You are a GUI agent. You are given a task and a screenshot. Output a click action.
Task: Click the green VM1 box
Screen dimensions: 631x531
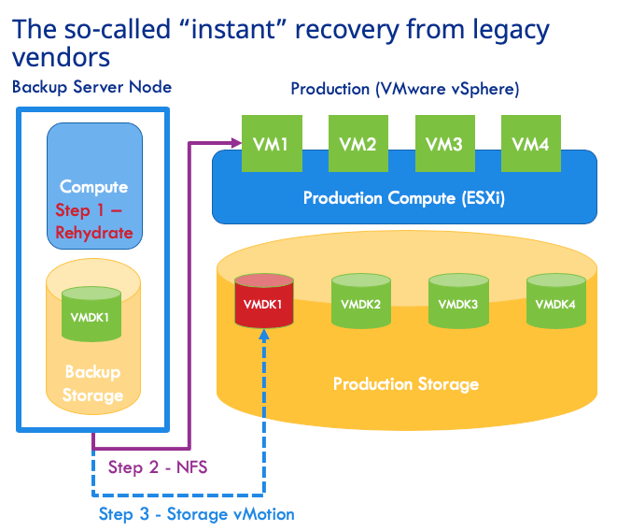[272, 144]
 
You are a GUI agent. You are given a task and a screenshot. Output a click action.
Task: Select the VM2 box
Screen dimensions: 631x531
[358, 144]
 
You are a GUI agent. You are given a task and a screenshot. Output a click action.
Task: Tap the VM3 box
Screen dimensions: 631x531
[444, 144]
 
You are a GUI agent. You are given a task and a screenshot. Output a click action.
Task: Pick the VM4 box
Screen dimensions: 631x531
[531, 144]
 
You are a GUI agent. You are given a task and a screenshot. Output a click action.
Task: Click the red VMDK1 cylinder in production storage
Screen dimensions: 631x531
[264, 301]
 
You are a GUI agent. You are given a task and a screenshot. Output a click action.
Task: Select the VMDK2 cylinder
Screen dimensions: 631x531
[361, 301]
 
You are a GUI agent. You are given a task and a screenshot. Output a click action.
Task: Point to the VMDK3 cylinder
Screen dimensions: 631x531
[458, 301]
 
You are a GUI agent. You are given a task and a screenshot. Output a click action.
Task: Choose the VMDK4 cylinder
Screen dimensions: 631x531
[556, 301]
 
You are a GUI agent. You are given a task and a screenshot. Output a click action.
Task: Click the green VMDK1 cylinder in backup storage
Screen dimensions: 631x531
[91, 314]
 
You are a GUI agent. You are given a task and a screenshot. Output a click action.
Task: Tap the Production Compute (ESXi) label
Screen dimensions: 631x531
[404, 198]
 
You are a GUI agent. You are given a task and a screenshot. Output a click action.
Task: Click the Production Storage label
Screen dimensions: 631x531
[406, 384]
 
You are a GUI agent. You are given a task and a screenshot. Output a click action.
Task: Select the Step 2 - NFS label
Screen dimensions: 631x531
[158, 467]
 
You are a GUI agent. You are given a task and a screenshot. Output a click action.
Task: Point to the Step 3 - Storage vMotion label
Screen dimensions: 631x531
[197, 514]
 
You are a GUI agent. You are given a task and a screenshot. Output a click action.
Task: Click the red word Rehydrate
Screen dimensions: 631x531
[94, 233]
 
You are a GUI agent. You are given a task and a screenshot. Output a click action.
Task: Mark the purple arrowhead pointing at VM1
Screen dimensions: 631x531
[236, 142]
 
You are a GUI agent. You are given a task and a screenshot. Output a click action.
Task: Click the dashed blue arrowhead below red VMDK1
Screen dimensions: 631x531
[264, 336]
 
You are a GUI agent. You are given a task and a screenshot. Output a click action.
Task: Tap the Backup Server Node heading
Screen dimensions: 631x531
[92, 87]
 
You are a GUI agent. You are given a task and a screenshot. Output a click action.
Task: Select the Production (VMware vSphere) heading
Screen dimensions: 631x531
[405, 89]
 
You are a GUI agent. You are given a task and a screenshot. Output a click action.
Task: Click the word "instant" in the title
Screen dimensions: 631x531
[233, 29]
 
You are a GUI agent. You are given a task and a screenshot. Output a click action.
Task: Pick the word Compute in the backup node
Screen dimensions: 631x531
[93, 187]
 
